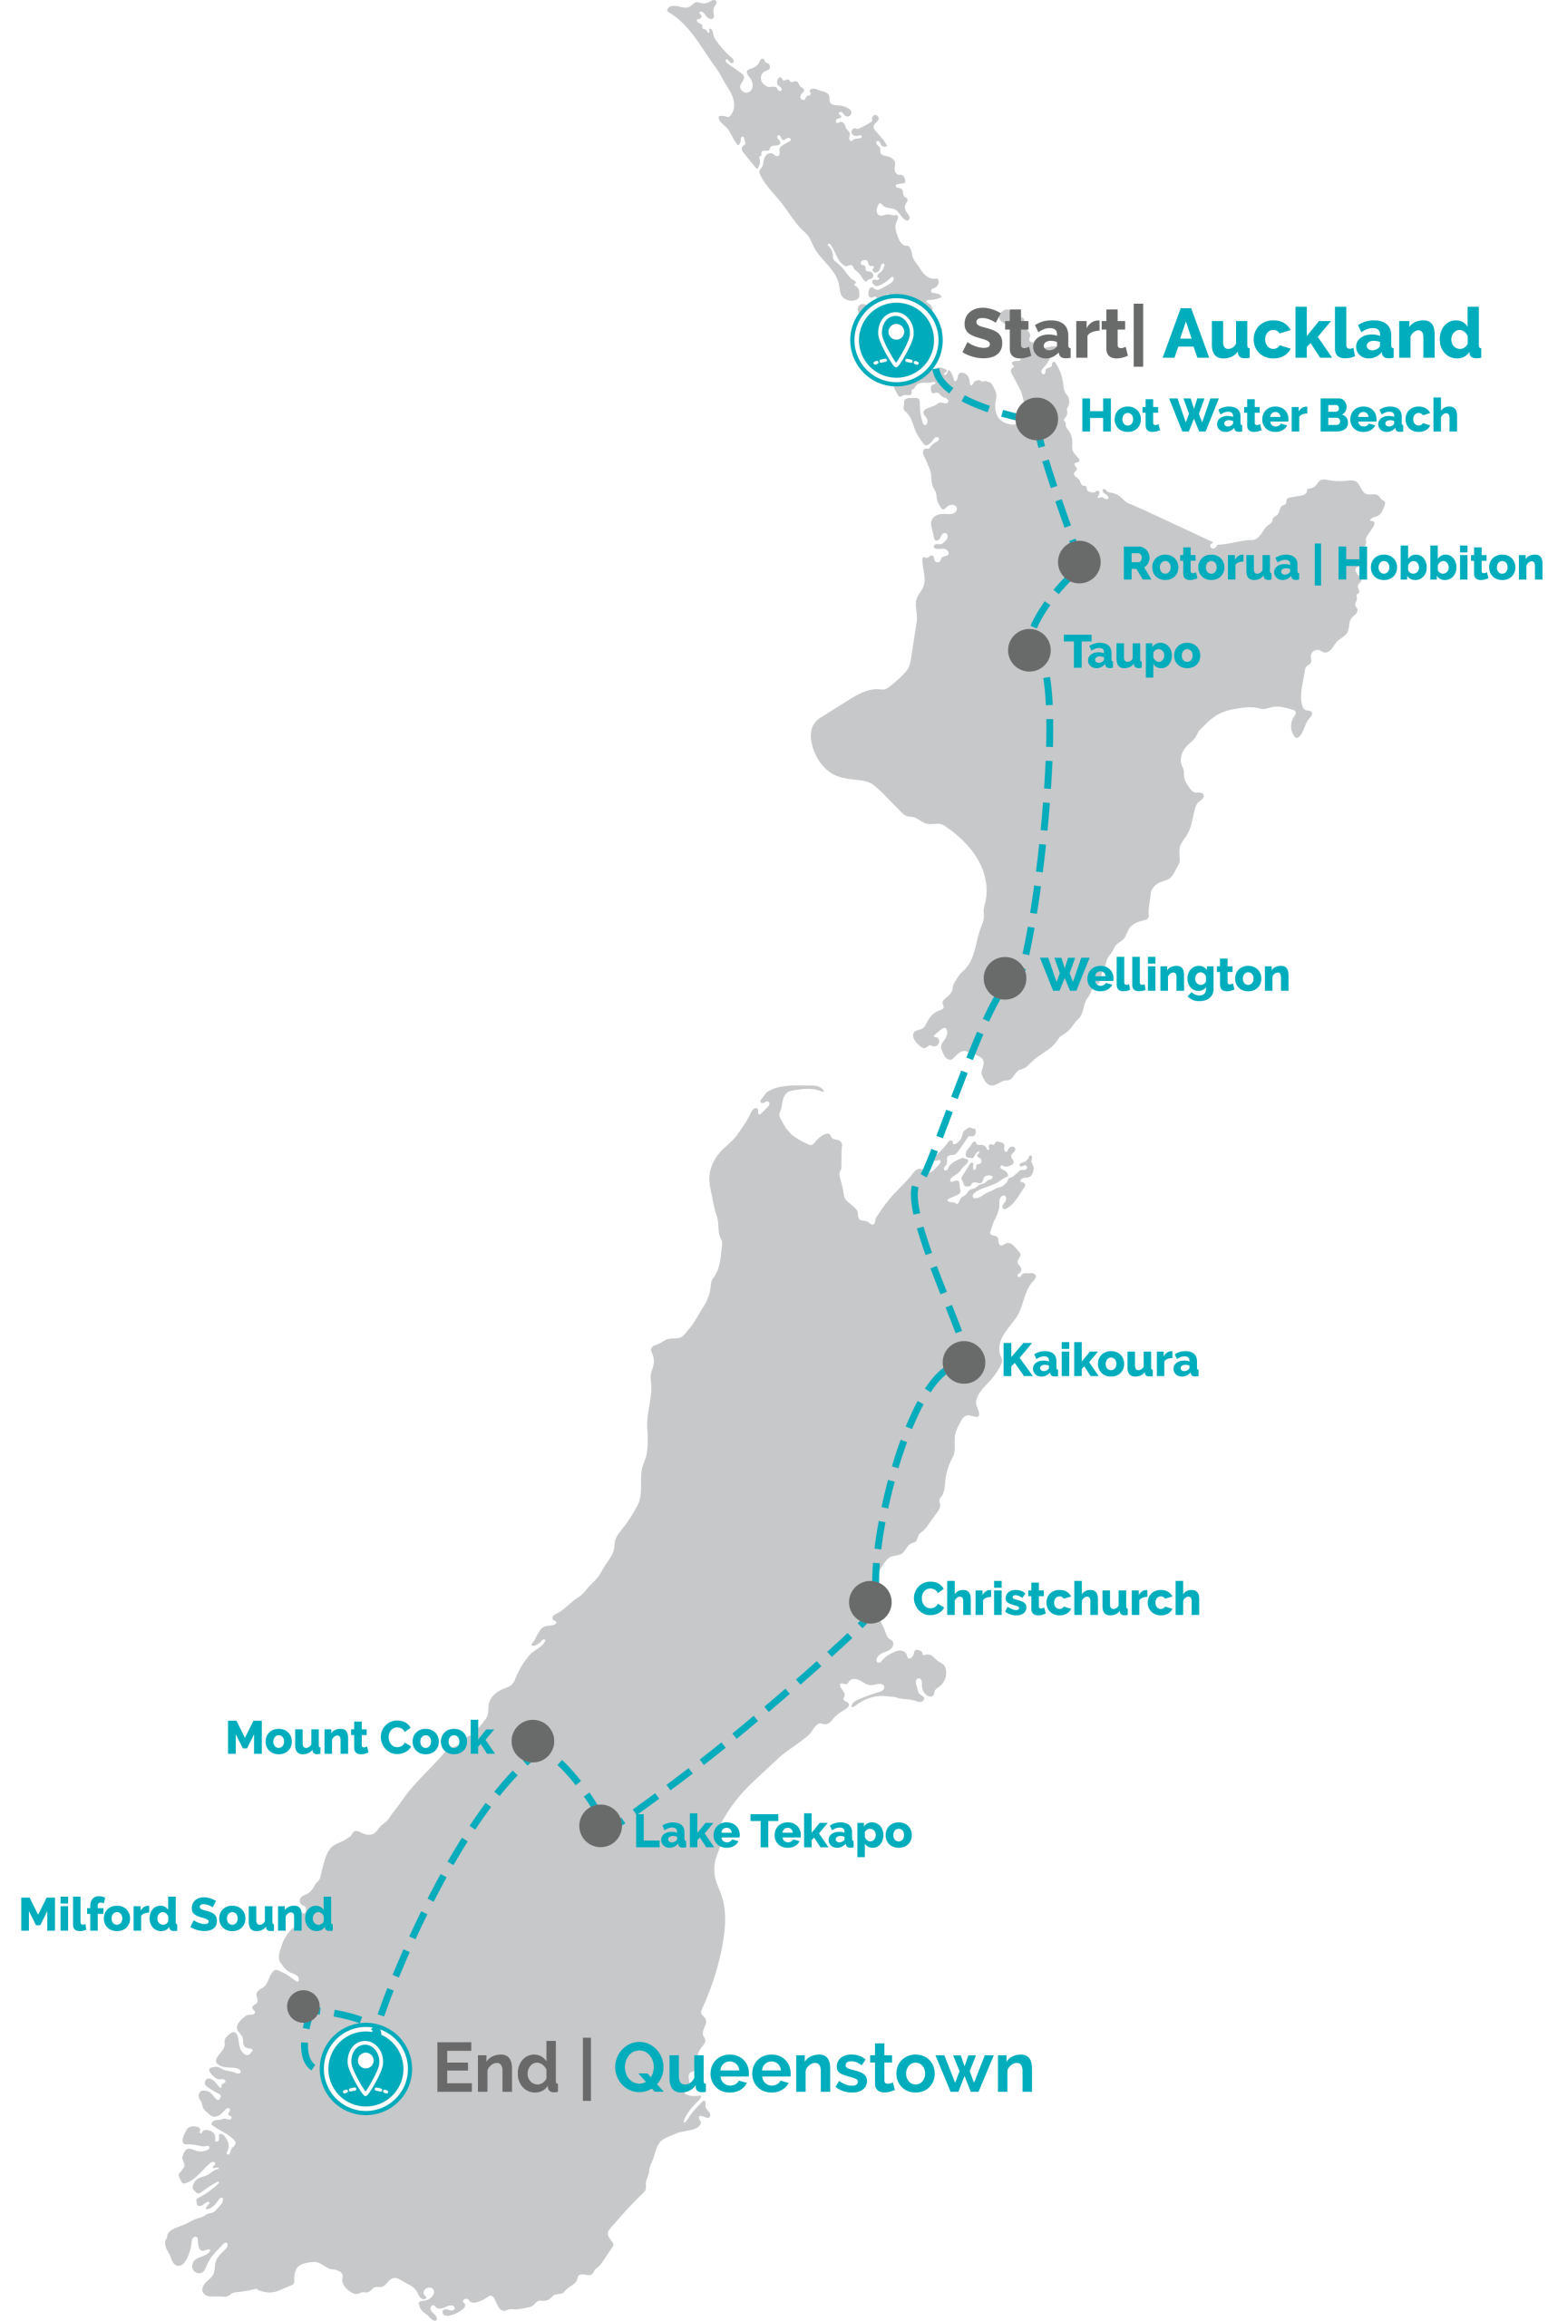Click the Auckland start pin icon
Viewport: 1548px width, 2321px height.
(x=894, y=339)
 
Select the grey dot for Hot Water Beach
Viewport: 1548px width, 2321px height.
(x=1037, y=418)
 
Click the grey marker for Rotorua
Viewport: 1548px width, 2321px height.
(x=1079, y=561)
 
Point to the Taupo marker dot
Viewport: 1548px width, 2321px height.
(x=1028, y=650)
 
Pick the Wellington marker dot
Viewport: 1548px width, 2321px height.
(x=1004, y=978)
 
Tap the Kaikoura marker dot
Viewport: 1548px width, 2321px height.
(x=964, y=1363)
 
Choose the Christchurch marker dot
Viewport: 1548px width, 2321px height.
(x=870, y=1602)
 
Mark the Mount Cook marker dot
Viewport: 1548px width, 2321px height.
(x=532, y=1741)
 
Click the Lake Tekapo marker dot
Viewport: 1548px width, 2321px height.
(x=600, y=1826)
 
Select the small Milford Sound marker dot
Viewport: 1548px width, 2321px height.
(x=303, y=2005)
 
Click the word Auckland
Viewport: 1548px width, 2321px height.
(x=1322, y=335)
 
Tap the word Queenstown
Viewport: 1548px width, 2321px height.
(x=823, y=2068)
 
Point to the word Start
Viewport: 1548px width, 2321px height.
(x=1043, y=335)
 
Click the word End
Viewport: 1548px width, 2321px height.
(x=497, y=2068)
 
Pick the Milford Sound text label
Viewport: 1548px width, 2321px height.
(x=176, y=1915)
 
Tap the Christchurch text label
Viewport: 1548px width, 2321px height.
(x=1056, y=1599)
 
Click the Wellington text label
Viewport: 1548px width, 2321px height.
(x=1166, y=977)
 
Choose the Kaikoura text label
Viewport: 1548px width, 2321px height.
(x=1099, y=1362)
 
